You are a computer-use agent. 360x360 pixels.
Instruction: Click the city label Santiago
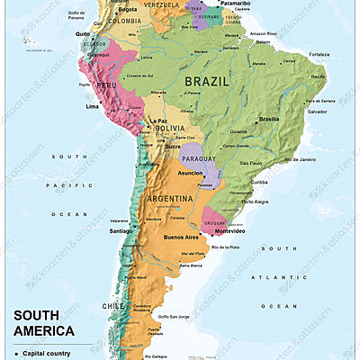(121, 231)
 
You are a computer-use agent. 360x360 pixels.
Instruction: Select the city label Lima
(92, 106)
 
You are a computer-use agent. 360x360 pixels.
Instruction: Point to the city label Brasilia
(269, 120)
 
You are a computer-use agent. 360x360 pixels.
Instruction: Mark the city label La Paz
(158, 120)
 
